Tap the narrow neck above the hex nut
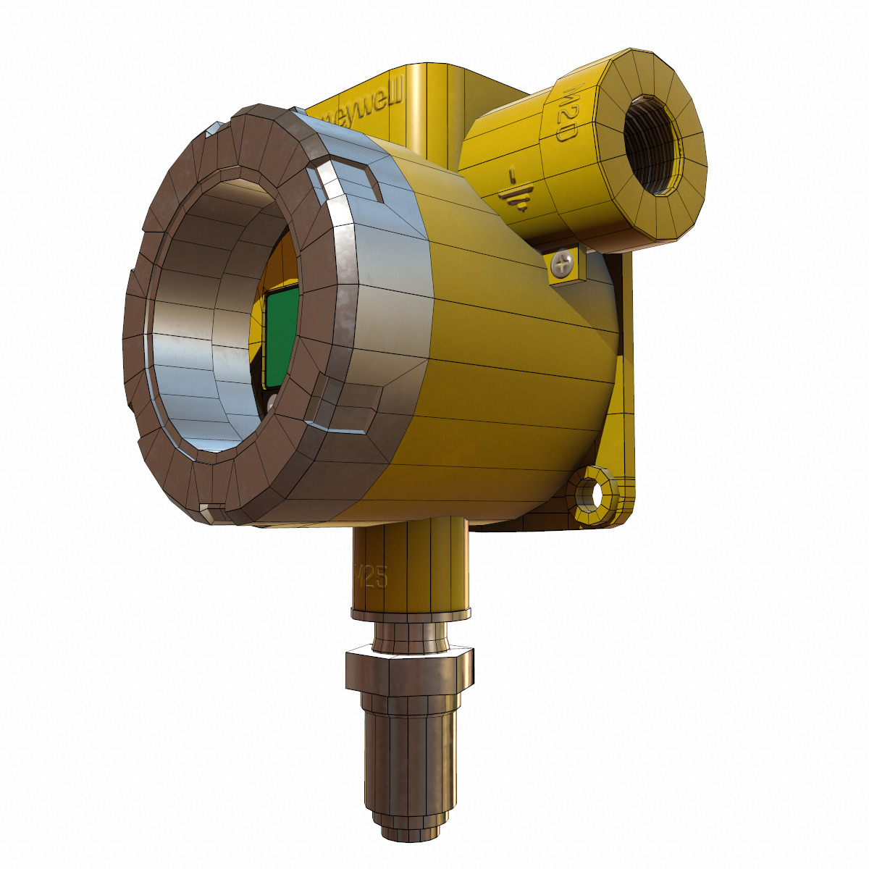pos(410,636)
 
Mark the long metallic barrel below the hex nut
pos(410,753)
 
